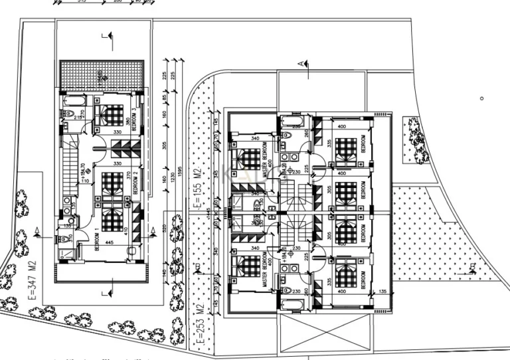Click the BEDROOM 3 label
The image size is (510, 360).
pos(135,118)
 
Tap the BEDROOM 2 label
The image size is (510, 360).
pos(135,182)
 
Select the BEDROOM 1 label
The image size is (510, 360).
pos(97,241)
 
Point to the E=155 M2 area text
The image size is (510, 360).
pos(197,190)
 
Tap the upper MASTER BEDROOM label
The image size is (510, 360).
pos(265,159)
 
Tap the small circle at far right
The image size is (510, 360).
pos(482,98)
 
